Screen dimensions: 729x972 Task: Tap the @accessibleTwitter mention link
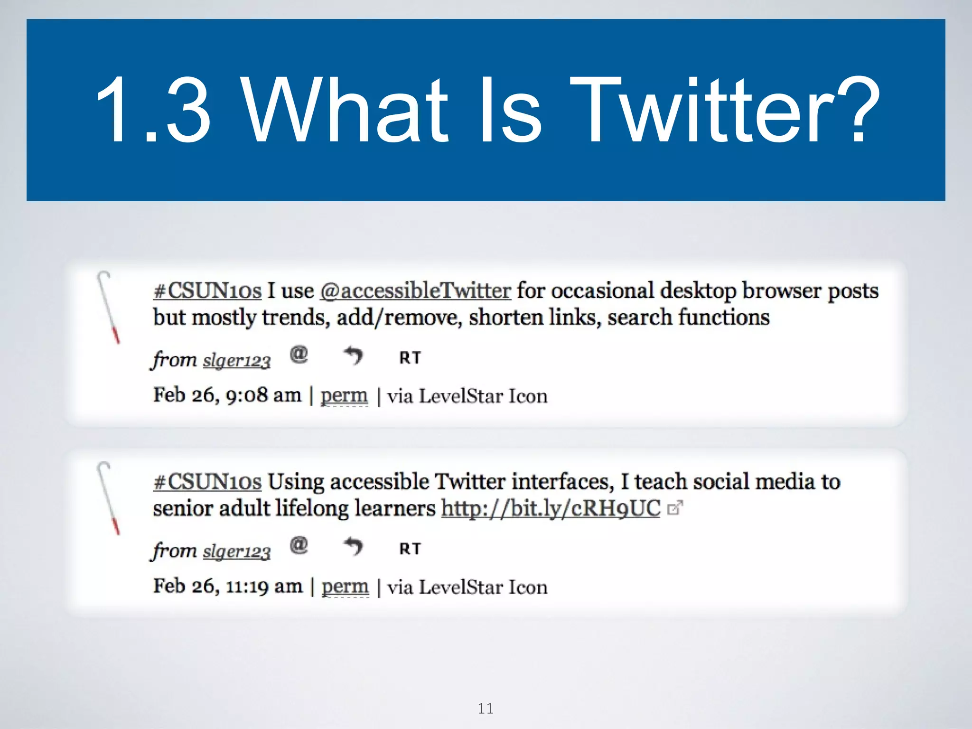pos(415,290)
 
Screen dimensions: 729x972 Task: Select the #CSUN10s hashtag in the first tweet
pos(207,290)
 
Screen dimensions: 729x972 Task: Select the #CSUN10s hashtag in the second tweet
pos(207,481)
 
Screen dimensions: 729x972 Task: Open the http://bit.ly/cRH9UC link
pos(551,508)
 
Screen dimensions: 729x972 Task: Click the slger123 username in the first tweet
pos(236,361)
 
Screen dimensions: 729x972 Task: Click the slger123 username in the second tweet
pos(236,551)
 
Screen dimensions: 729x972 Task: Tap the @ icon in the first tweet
pos(299,355)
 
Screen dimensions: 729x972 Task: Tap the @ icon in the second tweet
pos(299,545)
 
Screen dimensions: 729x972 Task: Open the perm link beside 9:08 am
pos(344,395)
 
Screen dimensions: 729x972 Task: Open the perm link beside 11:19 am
pos(345,587)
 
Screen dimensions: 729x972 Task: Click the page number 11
pos(486,709)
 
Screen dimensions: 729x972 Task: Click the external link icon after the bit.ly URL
pos(674,508)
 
